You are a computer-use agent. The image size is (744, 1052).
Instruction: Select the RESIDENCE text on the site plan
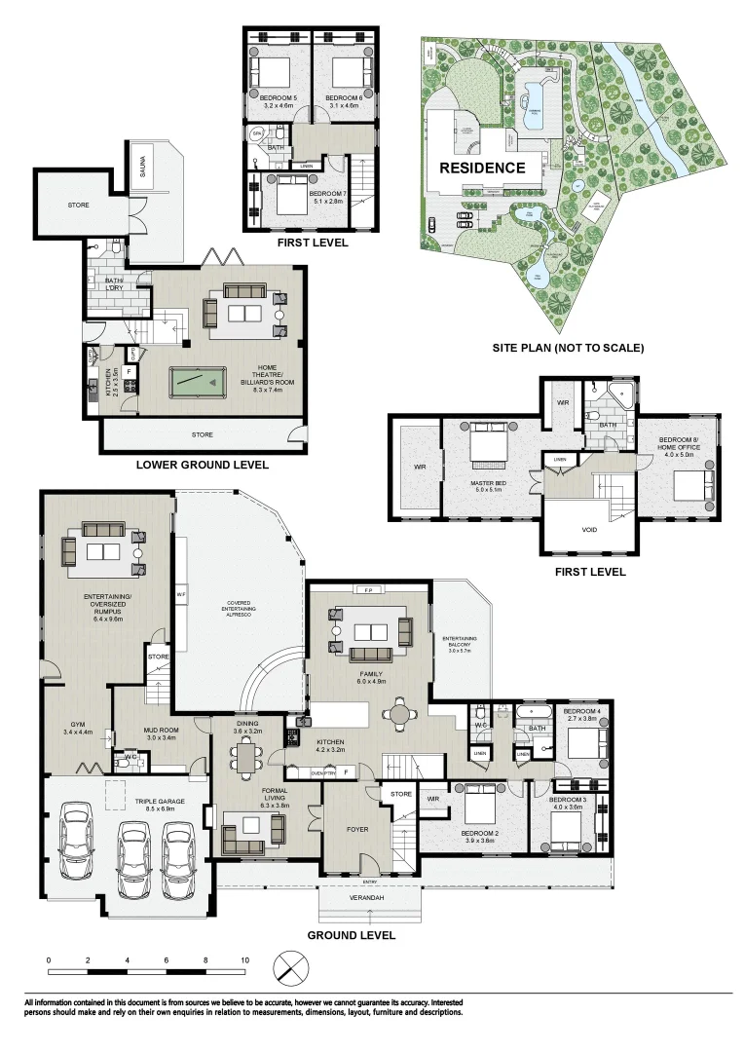482,168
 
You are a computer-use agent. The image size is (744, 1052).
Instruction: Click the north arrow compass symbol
288,968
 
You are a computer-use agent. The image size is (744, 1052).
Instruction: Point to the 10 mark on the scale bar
244,959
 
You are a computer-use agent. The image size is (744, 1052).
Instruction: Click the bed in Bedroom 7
288,199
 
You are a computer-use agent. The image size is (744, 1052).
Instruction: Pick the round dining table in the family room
400,714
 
